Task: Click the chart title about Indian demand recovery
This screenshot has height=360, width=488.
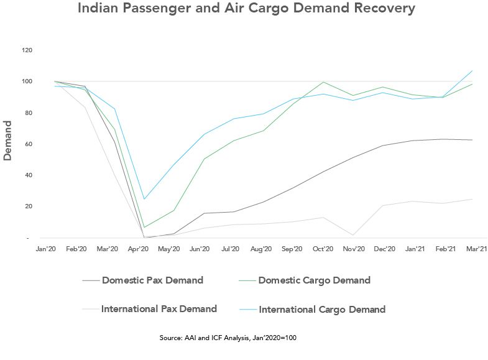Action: coord(246,9)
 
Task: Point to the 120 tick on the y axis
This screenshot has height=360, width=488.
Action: coord(27,50)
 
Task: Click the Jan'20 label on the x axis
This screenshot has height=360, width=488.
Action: coord(46,249)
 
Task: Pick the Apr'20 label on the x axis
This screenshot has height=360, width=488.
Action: coord(138,249)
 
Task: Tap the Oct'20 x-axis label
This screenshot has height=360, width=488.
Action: coord(323,249)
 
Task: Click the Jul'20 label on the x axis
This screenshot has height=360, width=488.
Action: coord(231,249)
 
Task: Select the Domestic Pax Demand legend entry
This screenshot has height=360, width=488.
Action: coord(152,280)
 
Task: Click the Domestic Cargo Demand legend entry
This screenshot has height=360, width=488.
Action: coord(314,280)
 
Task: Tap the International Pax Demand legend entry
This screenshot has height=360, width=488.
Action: coord(159,309)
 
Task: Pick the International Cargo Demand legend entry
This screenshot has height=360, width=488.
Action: coord(322,309)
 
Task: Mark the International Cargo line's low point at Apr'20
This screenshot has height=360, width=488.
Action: coord(144,199)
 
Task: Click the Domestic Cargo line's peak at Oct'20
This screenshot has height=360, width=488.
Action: coord(323,82)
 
